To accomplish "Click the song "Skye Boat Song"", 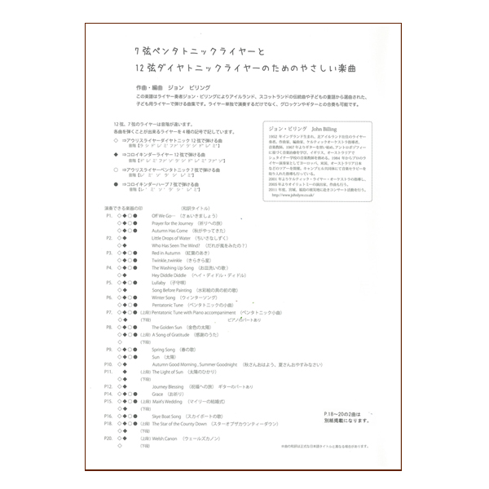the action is click(x=169, y=416).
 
